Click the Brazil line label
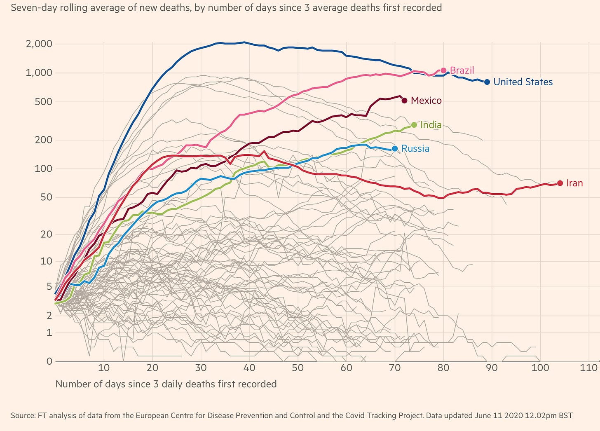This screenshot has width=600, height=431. pyautogui.click(x=462, y=70)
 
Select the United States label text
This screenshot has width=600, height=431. pyautogui.click(x=523, y=82)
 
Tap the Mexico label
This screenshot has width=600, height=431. pyautogui.click(x=426, y=101)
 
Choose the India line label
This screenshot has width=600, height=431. pyautogui.click(x=431, y=125)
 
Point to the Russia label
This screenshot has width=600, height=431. pyautogui.click(x=415, y=149)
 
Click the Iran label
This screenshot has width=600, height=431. pyautogui.click(x=574, y=183)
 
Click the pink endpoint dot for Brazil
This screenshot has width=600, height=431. pyautogui.click(x=444, y=70)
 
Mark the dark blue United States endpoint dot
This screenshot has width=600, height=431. pyautogui.click(x=487, y=82)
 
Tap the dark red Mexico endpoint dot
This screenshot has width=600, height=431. pyautogui.click(x=404, y=101)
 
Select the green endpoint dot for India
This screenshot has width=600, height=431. pyautogui.click(x=414, y=125)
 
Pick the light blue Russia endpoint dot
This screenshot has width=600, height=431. pyautogui.click(x=395, y=149)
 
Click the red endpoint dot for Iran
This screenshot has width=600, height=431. pyautogui.click(x=560, y=183)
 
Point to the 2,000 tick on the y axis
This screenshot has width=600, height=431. pyautogui.click(x=39, y=44)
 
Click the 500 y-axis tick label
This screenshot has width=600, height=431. pyautogui.click(x=43, y=101)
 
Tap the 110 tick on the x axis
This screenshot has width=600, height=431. pyautogui.click(x=588, y=368)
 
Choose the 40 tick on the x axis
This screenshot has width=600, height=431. pyautogui.click(x=249, y=368)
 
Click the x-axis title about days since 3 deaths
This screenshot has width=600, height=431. pyautogui.click(x=166, y=384)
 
